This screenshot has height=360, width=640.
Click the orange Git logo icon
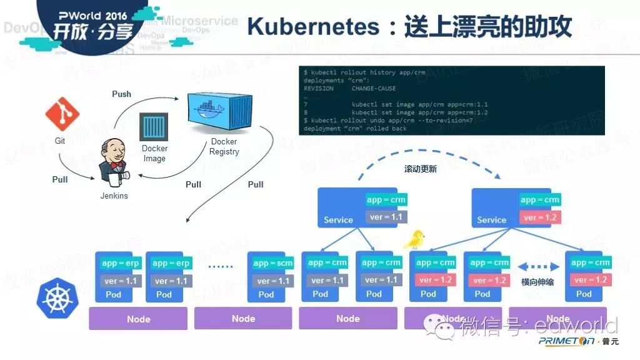point(62,114)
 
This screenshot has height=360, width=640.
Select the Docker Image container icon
point(154,127)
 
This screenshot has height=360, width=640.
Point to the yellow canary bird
point(414,239)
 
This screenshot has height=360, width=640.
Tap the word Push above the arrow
point(121,94)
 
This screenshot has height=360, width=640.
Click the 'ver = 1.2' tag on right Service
point(539,217)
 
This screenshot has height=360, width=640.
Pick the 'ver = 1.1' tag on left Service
point(385,217)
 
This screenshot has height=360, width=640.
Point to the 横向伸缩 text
point(537,282)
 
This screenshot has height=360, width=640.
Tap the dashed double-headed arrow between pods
point(537,263)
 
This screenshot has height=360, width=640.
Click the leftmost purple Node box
point(138,319)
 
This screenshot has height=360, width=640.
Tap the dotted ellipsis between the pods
point(220,267)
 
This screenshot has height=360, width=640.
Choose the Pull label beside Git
point(60,179)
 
